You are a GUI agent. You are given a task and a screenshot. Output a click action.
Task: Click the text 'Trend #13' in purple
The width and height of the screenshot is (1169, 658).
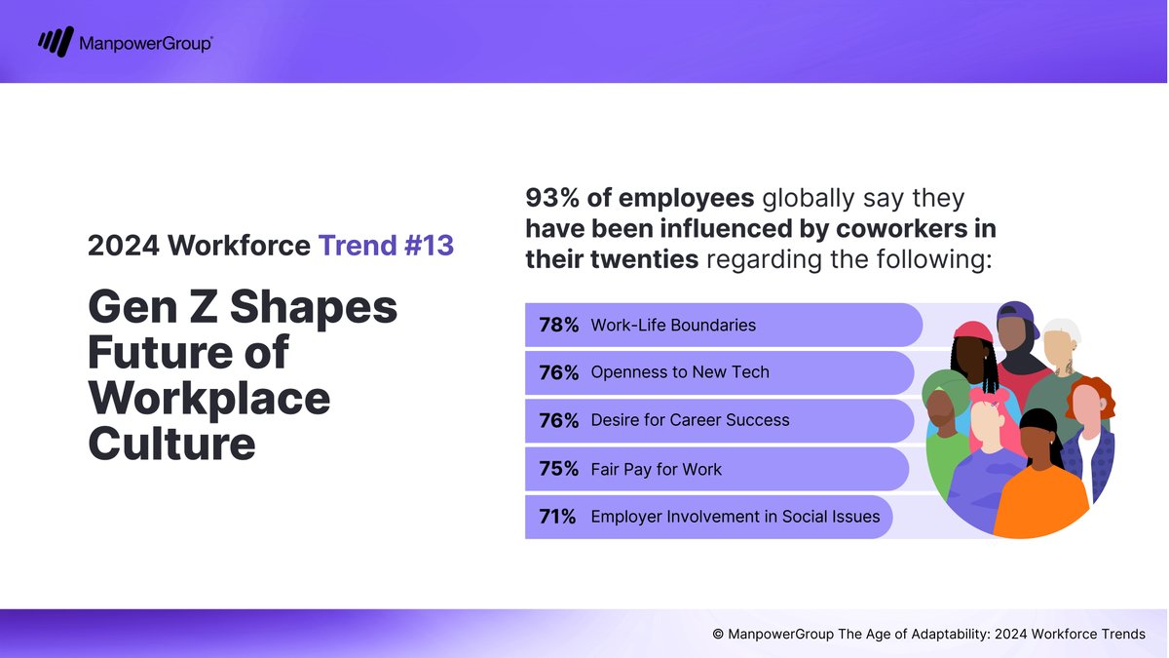pyautogui.click(x=386, y=246)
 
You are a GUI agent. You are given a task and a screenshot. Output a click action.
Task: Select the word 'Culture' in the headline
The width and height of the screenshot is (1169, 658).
pyautogui.click(x=171, y=445)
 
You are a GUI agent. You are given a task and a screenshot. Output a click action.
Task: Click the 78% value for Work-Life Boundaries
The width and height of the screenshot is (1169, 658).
pyautogui.click(x=558, y=325)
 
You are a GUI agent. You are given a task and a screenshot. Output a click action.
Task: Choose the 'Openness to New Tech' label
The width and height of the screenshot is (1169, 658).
pyautogui.click(x=680, y=372)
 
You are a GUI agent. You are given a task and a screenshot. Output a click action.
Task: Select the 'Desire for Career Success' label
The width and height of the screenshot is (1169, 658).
pyautogui.click(x=690, y=420)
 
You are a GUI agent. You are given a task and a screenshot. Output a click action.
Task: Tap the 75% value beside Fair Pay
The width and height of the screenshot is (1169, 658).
pyautogui.click(x=558, y=469)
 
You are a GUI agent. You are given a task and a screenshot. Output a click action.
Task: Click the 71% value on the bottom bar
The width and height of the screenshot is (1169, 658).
pyautogui.click(x=558, y=517)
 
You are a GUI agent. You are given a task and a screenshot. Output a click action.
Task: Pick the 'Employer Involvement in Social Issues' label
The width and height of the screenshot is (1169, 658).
pyautogui.click(x=735, y=517)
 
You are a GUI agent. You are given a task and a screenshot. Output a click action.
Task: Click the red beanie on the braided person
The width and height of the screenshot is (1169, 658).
pyautogui.click(x=972, y=331)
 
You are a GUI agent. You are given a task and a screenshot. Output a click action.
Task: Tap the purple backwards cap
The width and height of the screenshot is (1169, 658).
pyautogui.click(x=1018, y=317)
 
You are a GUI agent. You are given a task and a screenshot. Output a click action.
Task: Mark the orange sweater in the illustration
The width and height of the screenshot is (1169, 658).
pyautogui.click(x=1039, y=497)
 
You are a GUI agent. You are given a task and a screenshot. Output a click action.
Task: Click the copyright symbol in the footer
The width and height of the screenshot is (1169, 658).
pyautogui.click(x=718, y=634)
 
